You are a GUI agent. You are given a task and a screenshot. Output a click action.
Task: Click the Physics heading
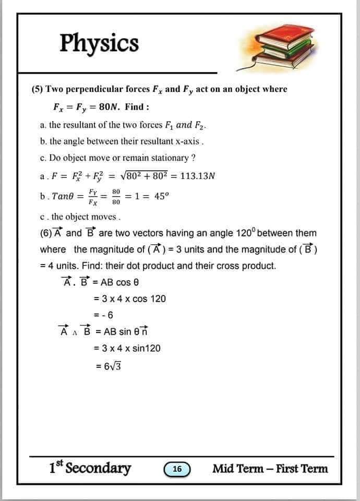(x=99, y=43)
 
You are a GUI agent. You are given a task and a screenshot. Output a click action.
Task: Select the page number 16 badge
(x=177, y=469)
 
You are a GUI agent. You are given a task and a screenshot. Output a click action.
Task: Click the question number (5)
(x=37, y=89)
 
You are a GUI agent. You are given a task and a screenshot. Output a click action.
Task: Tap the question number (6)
(x=44, y=233)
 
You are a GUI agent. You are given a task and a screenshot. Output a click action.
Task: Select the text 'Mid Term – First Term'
(x=270, y=469)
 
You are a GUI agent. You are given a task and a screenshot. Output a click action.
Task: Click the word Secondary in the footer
(x=98, y=468)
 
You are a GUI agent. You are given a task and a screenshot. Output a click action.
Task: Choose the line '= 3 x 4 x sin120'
(x=127, y=348)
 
